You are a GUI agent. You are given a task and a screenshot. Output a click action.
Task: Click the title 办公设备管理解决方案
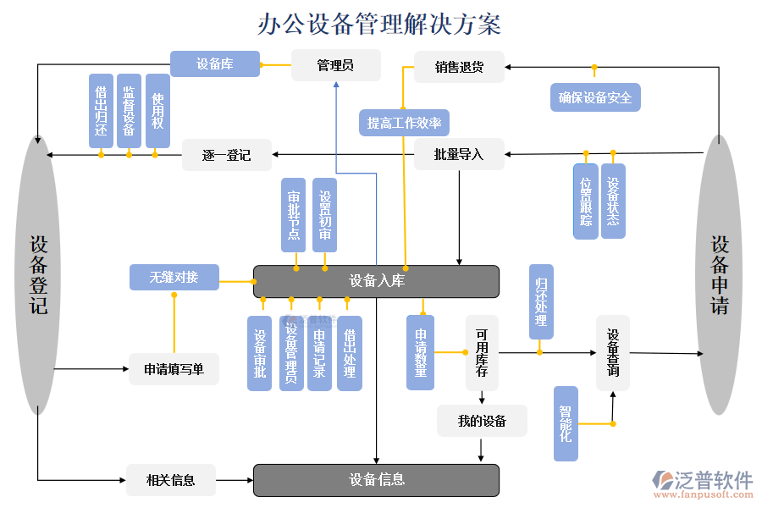[380, 24]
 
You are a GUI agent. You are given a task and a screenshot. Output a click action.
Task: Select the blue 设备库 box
[215, 64]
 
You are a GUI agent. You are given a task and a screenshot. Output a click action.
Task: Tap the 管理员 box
[335, 65]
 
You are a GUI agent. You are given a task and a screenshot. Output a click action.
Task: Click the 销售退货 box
[459, 67]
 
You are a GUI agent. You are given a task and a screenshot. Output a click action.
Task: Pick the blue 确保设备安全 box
[595, 97]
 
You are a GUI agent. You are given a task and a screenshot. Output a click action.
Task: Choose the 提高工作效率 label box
[404, 124]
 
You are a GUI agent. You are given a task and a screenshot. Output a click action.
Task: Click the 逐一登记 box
[226, 155]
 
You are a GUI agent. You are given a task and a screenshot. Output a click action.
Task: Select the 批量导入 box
[459, 154]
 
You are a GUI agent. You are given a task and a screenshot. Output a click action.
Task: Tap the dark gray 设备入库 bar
[376, 281]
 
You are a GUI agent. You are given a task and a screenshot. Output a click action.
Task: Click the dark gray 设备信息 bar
[376, 480]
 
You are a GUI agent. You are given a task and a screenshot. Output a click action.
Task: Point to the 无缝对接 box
[174, 277]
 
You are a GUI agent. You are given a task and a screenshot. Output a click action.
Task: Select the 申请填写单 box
[174, 369]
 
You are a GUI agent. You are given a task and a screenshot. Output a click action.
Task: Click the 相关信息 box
[171, 480]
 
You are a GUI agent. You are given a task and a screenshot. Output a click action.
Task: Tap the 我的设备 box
[482, 421]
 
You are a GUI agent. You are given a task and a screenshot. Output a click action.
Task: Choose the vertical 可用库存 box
[482, 353]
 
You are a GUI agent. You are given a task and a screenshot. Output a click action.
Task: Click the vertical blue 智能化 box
[566, 423]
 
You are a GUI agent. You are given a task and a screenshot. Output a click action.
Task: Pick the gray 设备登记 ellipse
[38, 275]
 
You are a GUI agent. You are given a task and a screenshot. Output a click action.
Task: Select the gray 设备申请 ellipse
[719, 275]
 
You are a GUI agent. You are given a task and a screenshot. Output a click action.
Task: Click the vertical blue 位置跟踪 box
[586, 202]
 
